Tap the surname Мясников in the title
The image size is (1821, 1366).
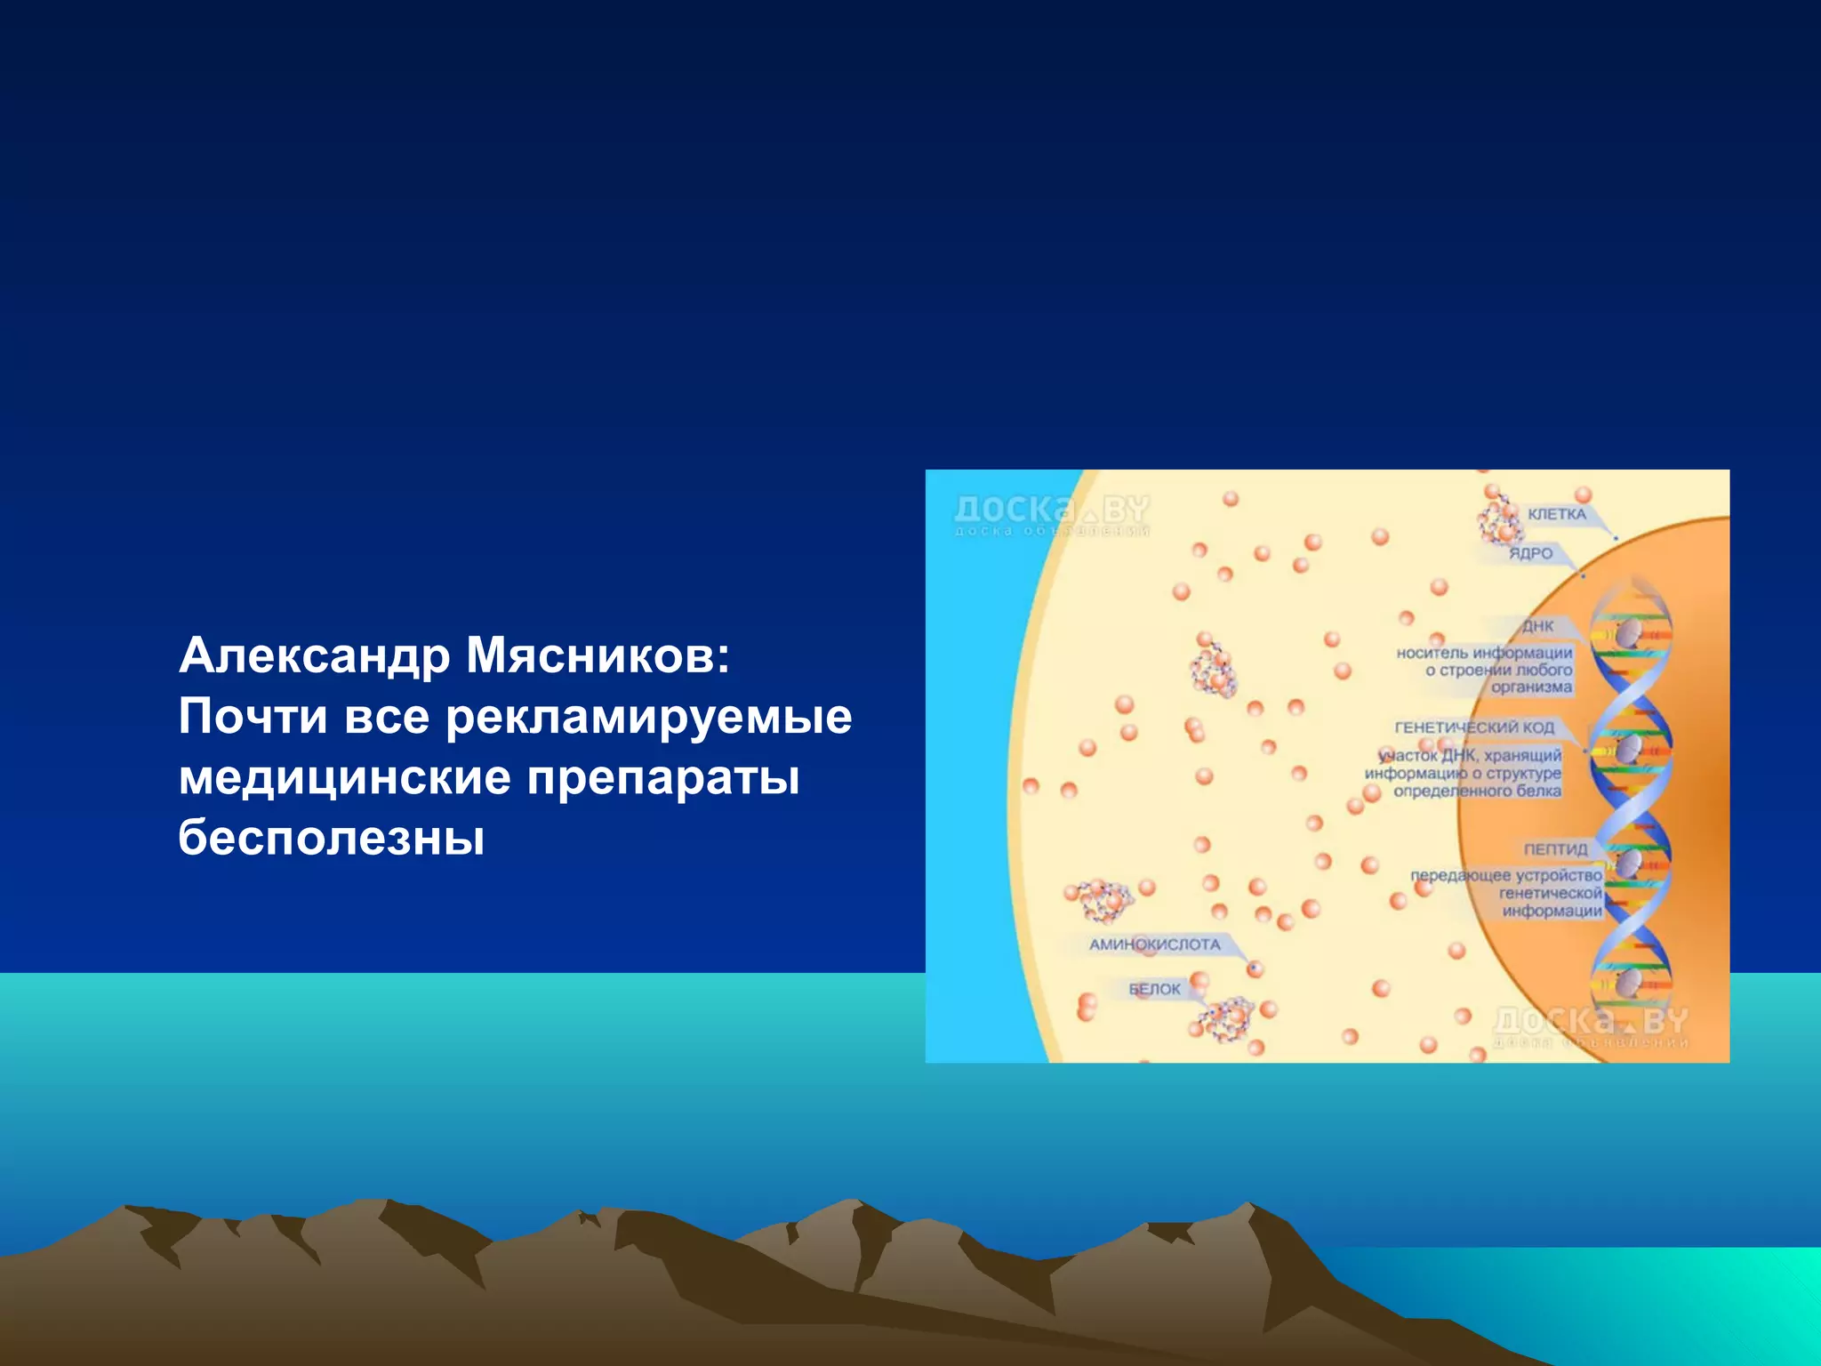(597, 656)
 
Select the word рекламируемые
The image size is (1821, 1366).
(648, 717)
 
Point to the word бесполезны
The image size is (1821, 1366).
(331, 838)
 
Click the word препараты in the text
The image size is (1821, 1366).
(663, 777)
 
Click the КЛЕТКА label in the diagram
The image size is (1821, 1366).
(1556, 514)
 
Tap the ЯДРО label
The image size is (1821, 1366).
(1530, 553)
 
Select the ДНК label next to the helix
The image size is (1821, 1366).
(1537, 626)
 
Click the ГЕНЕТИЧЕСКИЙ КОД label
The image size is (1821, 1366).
(1474, 727)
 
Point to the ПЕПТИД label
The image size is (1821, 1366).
(1555, 849)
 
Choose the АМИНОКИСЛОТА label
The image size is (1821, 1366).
(1155, 944)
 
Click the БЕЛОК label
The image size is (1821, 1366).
(1154, 989)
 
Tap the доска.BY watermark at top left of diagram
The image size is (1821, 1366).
(1051, 513)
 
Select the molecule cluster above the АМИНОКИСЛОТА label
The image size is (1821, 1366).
(1103, 900)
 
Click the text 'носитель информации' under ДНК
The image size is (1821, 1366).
(1484, 653)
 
